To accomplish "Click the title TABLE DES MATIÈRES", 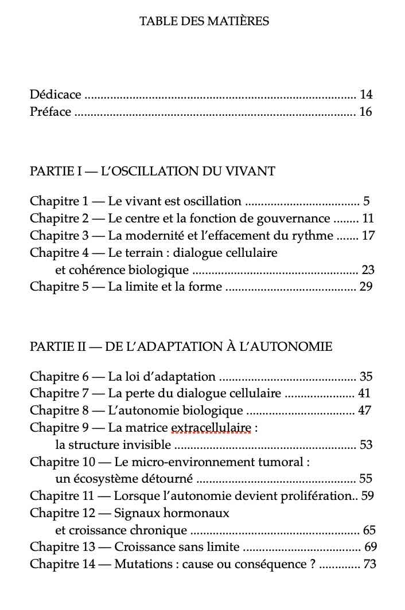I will coord(204,22).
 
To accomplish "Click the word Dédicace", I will coord(55,95).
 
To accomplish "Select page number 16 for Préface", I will coord(366,112).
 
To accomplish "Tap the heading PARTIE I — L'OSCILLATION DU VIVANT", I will coord(153,171).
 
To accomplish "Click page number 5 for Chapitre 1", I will coord(366,201).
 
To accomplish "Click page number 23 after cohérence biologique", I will coord(367,270).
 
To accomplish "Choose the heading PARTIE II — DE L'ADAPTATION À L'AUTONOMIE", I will coord(181,347).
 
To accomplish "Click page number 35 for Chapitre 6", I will coord(366,377).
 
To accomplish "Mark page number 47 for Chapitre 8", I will coord(364,410).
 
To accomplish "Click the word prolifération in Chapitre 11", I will coord(318,496).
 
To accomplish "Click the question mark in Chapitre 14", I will coord(312,564).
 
